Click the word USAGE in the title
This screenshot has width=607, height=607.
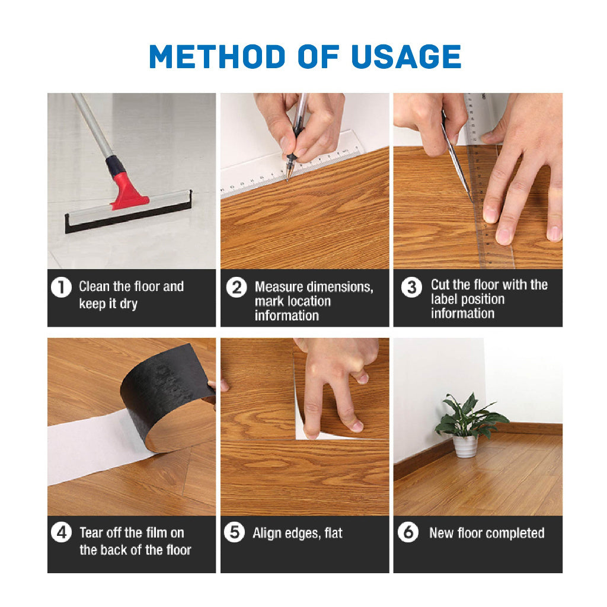406,56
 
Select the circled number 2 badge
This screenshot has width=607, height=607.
237,288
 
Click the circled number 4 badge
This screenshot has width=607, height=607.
61,533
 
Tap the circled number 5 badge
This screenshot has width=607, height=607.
235,533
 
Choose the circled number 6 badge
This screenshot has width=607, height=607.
408,533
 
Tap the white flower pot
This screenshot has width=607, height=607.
465,446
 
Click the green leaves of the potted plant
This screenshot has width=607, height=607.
468,415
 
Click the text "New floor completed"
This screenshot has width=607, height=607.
487,533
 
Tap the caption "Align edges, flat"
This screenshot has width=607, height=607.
298,533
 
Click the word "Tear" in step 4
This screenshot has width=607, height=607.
91,532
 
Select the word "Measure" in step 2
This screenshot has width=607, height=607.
278,287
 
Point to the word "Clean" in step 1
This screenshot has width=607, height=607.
95,287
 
